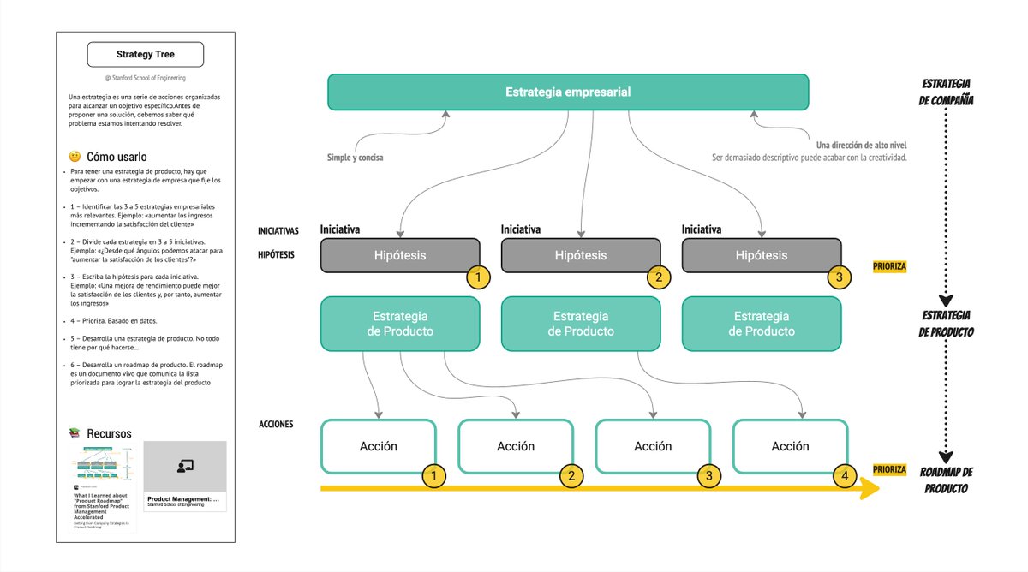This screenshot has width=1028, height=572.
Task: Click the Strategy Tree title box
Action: pos(146,55)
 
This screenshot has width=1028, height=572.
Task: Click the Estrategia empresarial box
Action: pos(567,92)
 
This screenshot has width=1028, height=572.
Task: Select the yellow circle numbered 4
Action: pos(845,475)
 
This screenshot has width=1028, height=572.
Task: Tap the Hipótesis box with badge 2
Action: pos(580,255)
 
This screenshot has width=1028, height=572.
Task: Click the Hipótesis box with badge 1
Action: pos(399,255)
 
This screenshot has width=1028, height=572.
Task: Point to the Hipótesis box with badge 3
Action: pos(761,255)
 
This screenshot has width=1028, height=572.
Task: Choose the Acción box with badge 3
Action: pos(652,446)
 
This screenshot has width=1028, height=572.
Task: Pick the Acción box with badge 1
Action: pos(378,446)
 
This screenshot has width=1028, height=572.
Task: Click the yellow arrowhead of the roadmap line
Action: pos(869,489)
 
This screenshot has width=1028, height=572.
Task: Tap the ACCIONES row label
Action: pos(276,425)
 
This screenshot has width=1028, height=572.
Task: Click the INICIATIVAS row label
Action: pos(278,231)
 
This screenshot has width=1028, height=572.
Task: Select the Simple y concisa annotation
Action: pos(355,158)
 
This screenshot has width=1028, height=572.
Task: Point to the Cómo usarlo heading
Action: pos(117,157)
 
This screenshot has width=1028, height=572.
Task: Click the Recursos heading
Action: pos(109,433)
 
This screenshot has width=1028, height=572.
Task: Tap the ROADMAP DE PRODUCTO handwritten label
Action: pos(946,480)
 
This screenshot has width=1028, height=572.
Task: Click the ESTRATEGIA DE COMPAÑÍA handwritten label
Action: pos(946,92)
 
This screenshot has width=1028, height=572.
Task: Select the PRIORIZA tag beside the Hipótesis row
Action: pos(888,266)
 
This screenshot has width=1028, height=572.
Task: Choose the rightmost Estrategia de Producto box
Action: pos(761,324)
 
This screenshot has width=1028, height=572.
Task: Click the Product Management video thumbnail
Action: pos(184,466)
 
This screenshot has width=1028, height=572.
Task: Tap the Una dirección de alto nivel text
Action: pos(861,145)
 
